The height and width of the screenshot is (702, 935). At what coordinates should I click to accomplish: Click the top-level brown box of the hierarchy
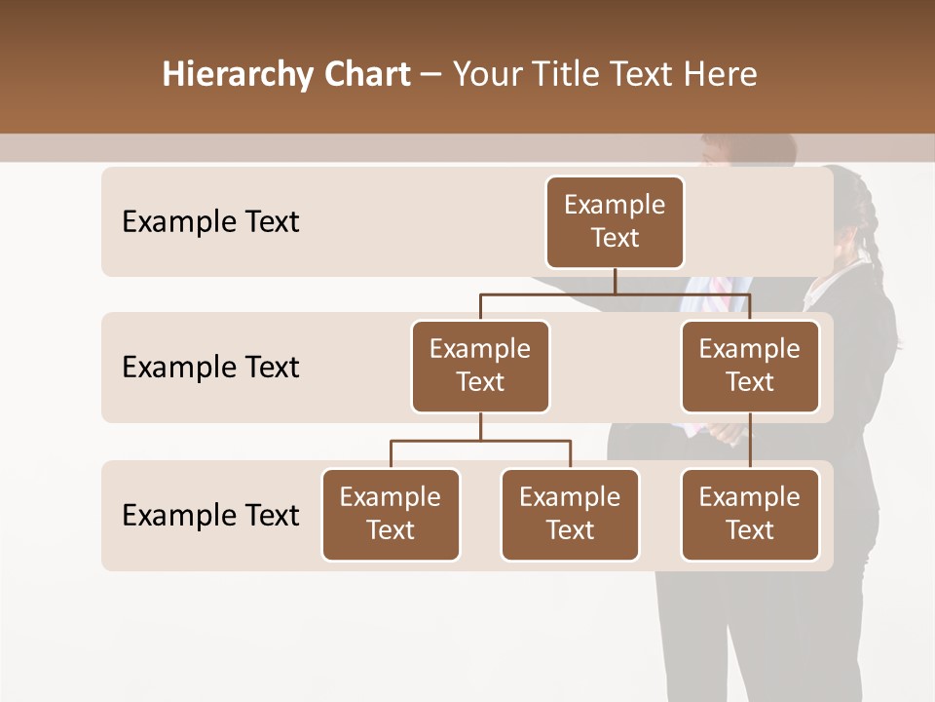coord(615,221)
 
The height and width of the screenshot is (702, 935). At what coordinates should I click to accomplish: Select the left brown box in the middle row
coord(480,366)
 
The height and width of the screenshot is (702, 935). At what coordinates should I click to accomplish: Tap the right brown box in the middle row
coord(750,366)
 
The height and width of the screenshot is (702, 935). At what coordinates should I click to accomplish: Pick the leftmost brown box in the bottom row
coord(391,514)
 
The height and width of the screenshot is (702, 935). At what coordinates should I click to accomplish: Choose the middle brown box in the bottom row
coord(570,514)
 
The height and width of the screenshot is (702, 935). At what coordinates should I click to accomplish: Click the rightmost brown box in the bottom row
coord(750,514)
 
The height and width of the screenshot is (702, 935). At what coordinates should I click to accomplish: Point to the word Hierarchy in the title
coord(238,75)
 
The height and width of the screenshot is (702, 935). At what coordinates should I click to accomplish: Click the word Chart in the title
coord(366,74)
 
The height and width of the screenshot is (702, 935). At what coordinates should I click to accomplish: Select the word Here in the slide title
coord(721,74)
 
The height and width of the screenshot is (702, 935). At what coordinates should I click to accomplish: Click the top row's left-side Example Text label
coord(210,221)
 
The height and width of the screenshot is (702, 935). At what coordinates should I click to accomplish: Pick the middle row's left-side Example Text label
coord(210,367)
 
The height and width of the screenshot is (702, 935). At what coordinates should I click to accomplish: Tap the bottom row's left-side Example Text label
coord(210,515)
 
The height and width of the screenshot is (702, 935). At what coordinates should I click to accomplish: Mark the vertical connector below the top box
coord(615,281)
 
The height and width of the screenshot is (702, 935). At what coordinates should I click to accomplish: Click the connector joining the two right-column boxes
coord(750,441)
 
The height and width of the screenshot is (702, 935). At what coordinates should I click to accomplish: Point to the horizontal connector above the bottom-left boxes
coord(480,441)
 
